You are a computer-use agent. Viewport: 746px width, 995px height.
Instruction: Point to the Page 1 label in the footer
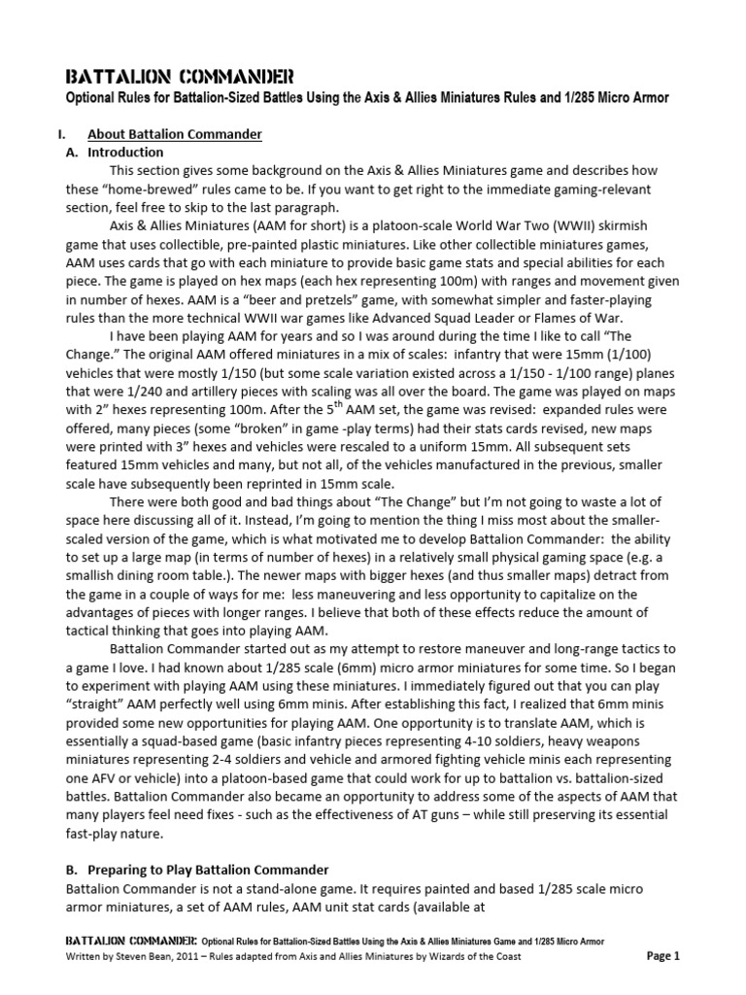point(662,956)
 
